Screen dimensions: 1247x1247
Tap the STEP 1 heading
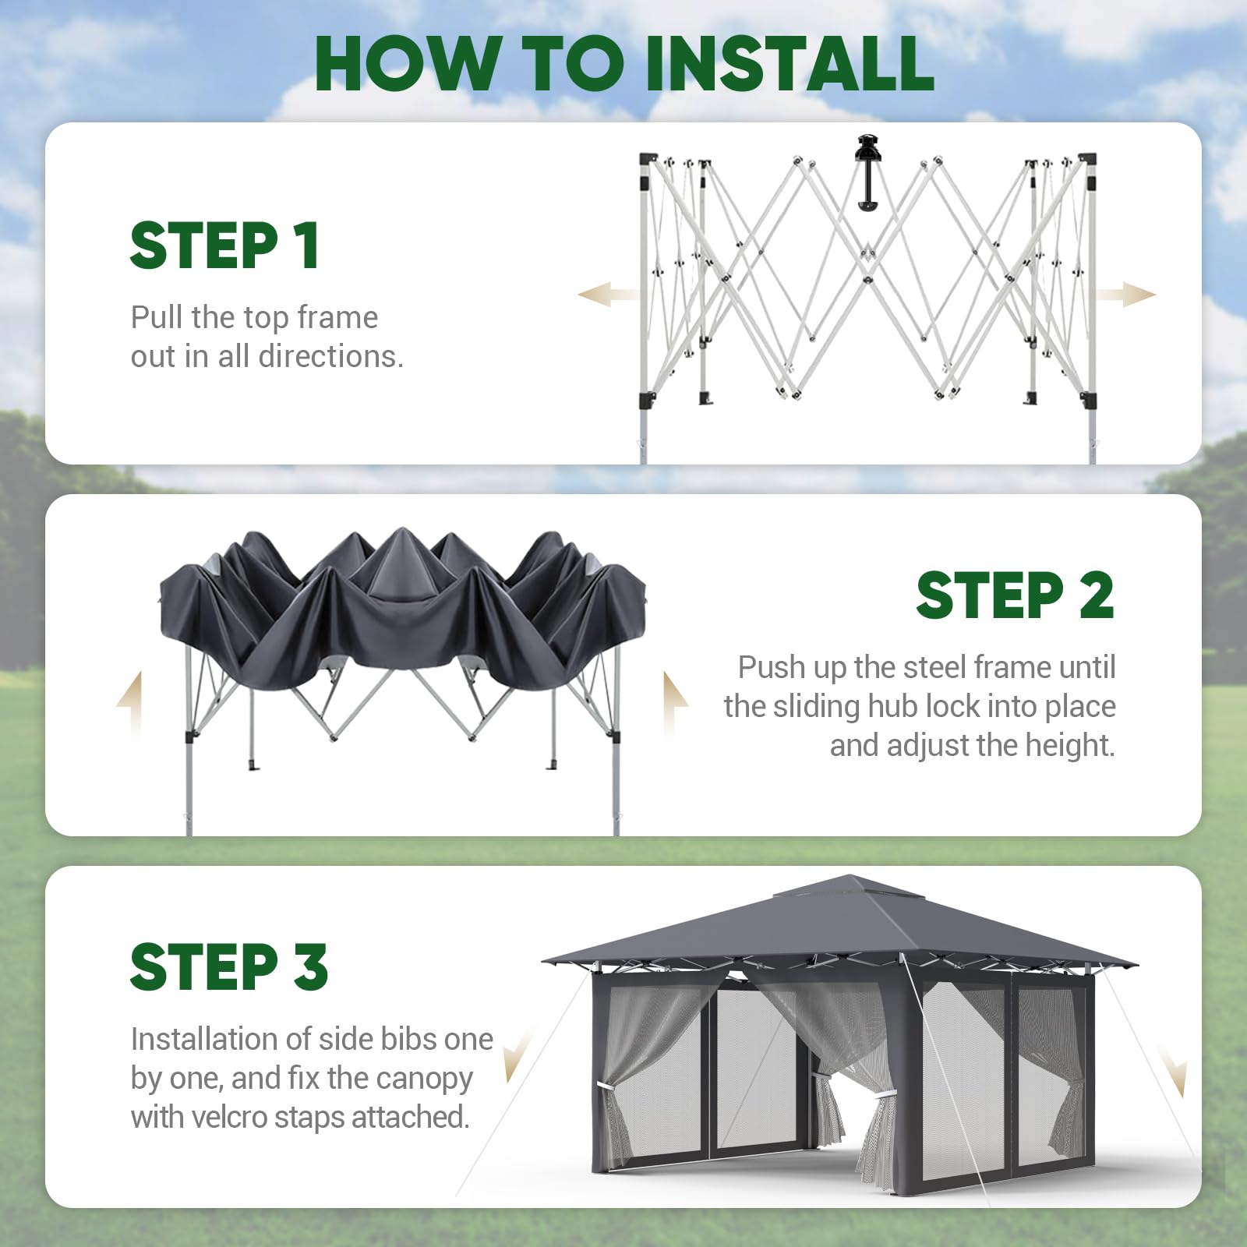click(x=224, y=246)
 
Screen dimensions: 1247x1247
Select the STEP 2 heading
click(x=1015, y=595)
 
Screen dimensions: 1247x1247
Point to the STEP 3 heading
click(x=229, y=967)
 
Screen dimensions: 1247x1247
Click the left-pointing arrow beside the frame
click(x=608, y=295)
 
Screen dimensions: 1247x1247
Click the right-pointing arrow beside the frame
click(x=1124, y=295)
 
